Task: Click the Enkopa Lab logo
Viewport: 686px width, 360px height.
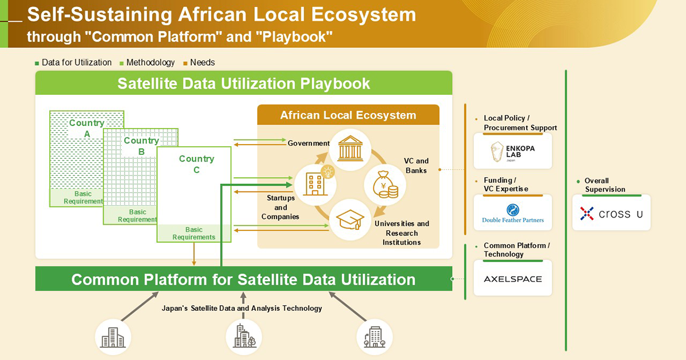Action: (x=513, y=151)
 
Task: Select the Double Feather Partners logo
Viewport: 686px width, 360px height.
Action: (x=513, y=213)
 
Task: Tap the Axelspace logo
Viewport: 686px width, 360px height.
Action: (x=513, y=279)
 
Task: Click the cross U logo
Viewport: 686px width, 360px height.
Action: (x=611, y=214)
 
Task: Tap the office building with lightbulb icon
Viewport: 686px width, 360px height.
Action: (x=314, y=182)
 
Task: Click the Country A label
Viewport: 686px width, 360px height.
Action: (x=87, y=128)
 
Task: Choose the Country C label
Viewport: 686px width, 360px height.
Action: (x=196, y=164)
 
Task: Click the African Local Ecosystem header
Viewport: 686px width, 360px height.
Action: (x=348, y=115)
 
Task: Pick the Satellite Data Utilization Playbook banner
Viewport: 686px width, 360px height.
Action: (x=244, y=83)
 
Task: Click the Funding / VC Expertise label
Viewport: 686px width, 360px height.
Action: (x=506, y=185)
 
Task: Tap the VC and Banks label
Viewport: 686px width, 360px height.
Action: (x=417, y=166)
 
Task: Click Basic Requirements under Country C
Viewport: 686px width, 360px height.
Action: (x=194, y=233)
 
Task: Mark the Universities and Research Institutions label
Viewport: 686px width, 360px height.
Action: (x=401, y=233)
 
